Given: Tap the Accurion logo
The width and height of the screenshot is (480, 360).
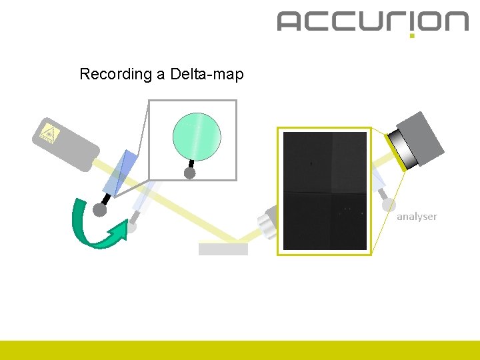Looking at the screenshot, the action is [373, 21].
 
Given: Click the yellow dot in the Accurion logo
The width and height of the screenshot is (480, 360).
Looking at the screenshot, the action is [412, 35].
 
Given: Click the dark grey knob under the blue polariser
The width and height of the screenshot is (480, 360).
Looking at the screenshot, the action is [100, 210].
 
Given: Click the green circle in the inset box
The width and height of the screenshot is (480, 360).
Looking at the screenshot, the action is [197, 135].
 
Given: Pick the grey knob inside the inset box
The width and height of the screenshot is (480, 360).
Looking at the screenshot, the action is [189, 173].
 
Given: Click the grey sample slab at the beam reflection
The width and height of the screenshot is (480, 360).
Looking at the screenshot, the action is [223, 249].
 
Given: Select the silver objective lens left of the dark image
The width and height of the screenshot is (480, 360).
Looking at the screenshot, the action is [267, 223].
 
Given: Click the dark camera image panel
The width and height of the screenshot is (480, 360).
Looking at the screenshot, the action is [325, 191].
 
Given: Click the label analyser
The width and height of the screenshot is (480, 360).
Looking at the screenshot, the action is [417, 217].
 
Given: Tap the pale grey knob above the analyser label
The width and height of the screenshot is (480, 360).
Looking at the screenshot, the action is [389, 205].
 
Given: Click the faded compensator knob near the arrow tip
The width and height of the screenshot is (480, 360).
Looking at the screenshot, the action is [132, 227].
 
